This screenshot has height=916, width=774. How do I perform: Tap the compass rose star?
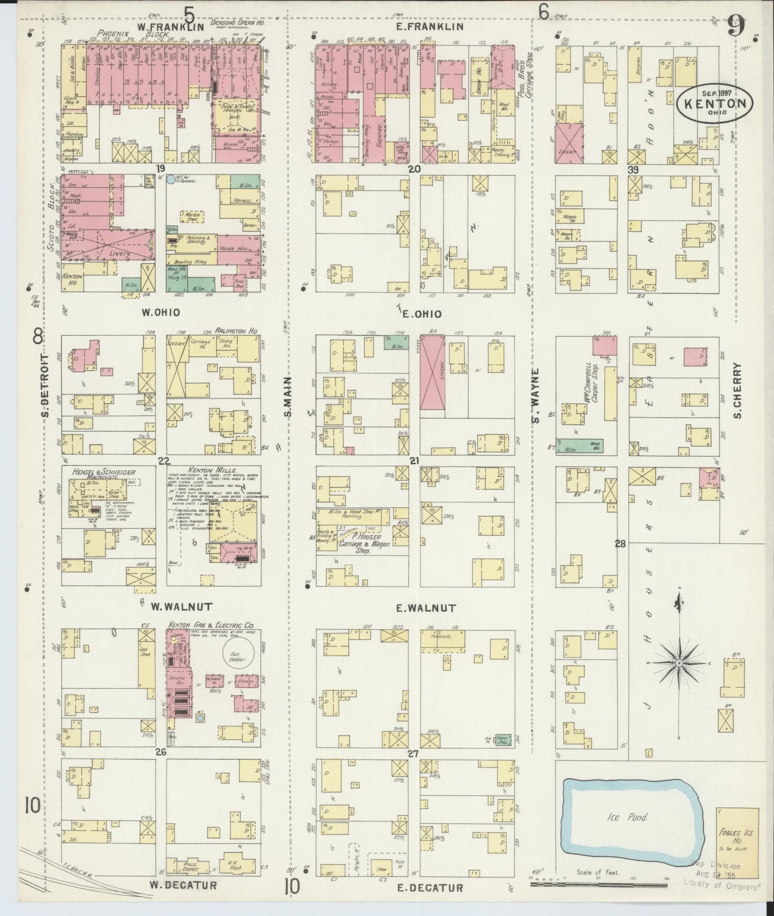click(679, 663)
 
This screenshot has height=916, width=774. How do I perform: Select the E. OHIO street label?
click(426, 313)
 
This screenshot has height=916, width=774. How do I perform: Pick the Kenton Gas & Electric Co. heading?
click(211, 625)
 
